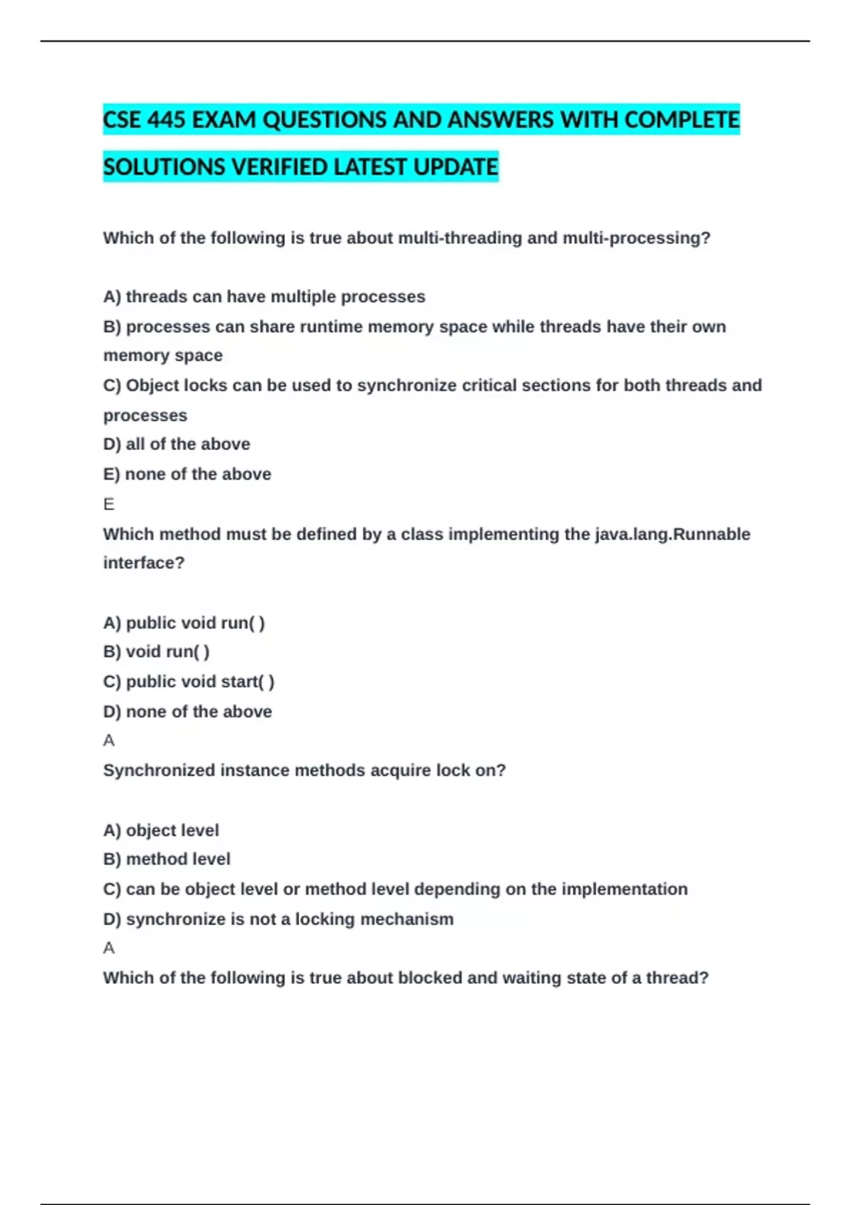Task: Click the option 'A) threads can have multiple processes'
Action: [x=264, y=296]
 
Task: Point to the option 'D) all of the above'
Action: [x=177, y=444]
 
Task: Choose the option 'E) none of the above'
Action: [x=187, y=474]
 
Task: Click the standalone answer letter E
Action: [x=109, y=504]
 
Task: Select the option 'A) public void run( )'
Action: [x=184, y=623]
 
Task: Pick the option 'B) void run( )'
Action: [x=156, y=651]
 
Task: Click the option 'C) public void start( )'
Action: [x=189, y=681]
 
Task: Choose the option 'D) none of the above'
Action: [x=187, y=712]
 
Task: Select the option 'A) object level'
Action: [x=161, y=830]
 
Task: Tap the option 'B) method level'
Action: [x=167, y=859]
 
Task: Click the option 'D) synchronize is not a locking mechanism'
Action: [x=278, y=919]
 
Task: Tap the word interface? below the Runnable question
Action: [x=144, y=563]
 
